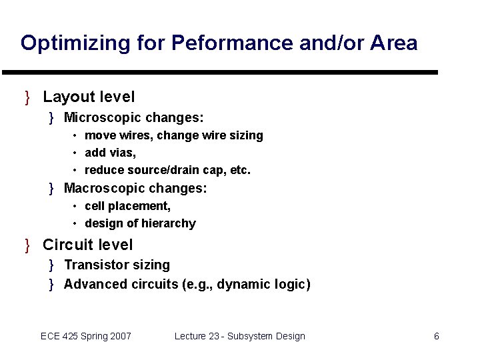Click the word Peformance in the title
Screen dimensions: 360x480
tap(229, 43)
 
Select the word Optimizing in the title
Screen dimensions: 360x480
tap(66, 43)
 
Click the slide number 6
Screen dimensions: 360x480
tap(437, 336)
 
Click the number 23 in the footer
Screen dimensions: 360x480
tap(214, 336)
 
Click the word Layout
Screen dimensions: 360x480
tap(65, 98)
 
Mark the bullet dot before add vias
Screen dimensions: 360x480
tap(75, 153)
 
